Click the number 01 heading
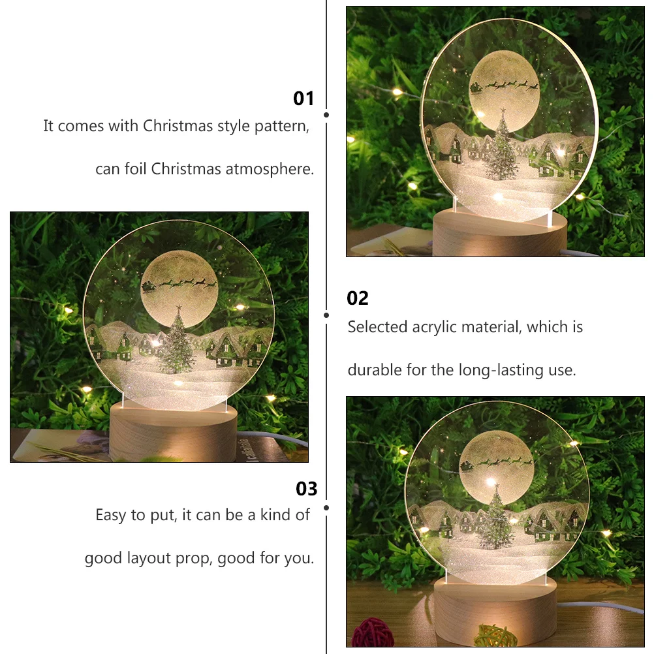point(304,99)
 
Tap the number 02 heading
point(358,298)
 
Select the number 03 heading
point(306,489)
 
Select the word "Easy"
point(111,515)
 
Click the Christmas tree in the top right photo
point(503,149)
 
